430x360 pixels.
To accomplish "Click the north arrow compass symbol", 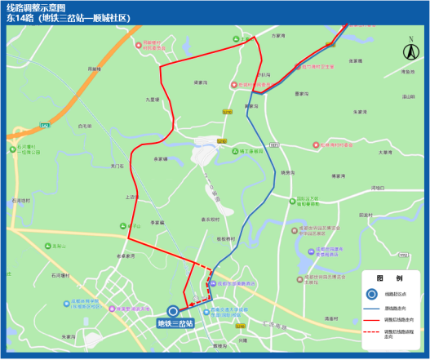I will point(409,51).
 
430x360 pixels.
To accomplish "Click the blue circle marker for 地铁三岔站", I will point(173,310).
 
